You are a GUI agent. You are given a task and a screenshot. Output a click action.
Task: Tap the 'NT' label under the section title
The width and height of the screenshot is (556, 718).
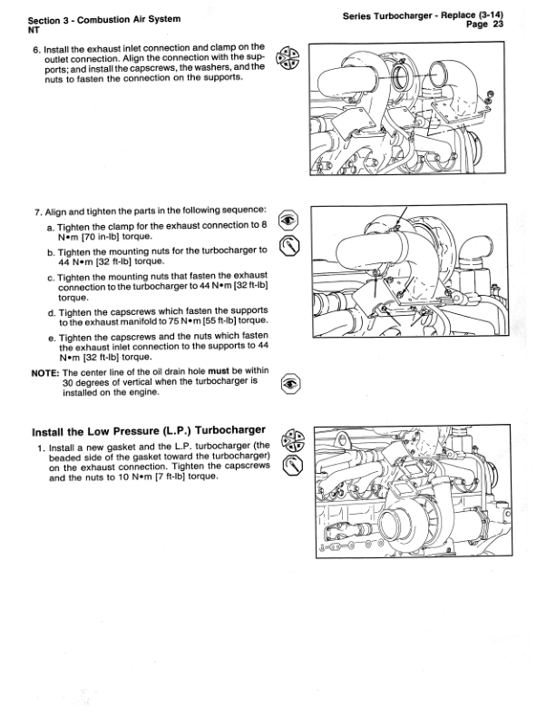click(34, 29)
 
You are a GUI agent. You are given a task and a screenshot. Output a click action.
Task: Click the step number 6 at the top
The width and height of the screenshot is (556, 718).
click(35, 46)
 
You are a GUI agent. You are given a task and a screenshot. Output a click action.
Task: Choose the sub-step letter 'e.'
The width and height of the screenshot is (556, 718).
click(51, 337)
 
